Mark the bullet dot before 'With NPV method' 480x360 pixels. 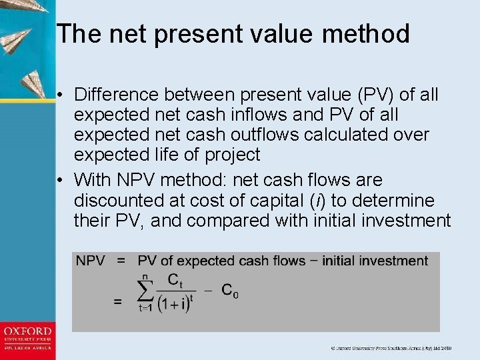click(x=61, y=181)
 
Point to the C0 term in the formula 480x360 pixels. click(x=229, y=291)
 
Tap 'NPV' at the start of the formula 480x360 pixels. click(x=91, y=261)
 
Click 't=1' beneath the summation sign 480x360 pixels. click(x=145, y=308)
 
